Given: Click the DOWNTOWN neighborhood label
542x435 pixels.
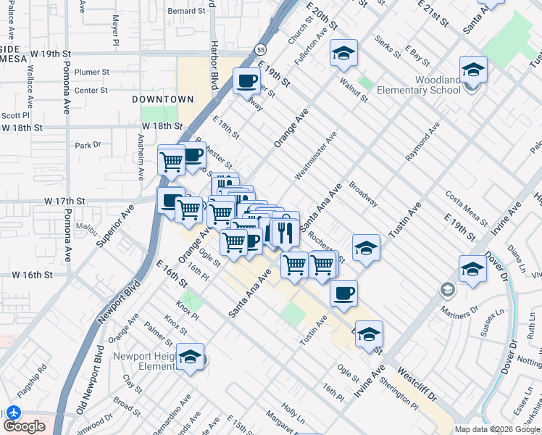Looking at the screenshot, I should (163, 99).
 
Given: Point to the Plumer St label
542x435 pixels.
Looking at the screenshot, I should (91, 72).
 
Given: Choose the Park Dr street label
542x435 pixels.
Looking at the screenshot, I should (88, 145).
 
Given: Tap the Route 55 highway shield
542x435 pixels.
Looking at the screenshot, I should (260, 49).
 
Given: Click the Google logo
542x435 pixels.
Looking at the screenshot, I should (24, 426).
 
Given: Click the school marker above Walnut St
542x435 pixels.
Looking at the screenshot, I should (344, 52).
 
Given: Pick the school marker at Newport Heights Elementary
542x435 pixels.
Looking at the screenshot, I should (191, 357).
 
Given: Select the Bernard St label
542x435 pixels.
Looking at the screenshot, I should (187, 11).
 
